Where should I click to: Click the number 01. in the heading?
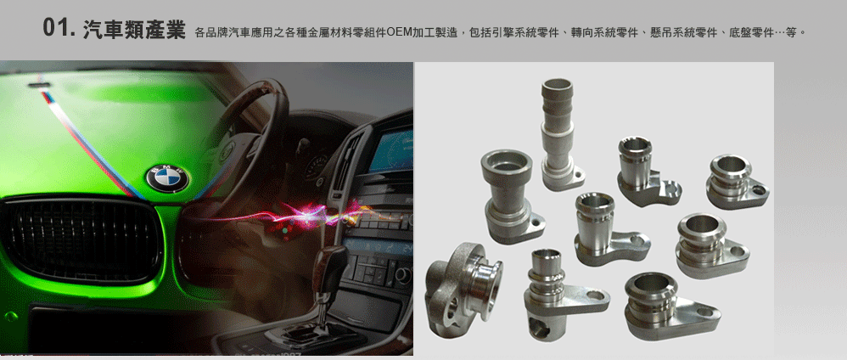pos(59,29)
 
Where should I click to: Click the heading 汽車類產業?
pos(134,30)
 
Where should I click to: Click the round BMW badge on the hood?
pos(167,178)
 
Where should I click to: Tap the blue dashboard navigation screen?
pos(390,151)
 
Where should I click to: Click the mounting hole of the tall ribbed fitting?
pos(578,175)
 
